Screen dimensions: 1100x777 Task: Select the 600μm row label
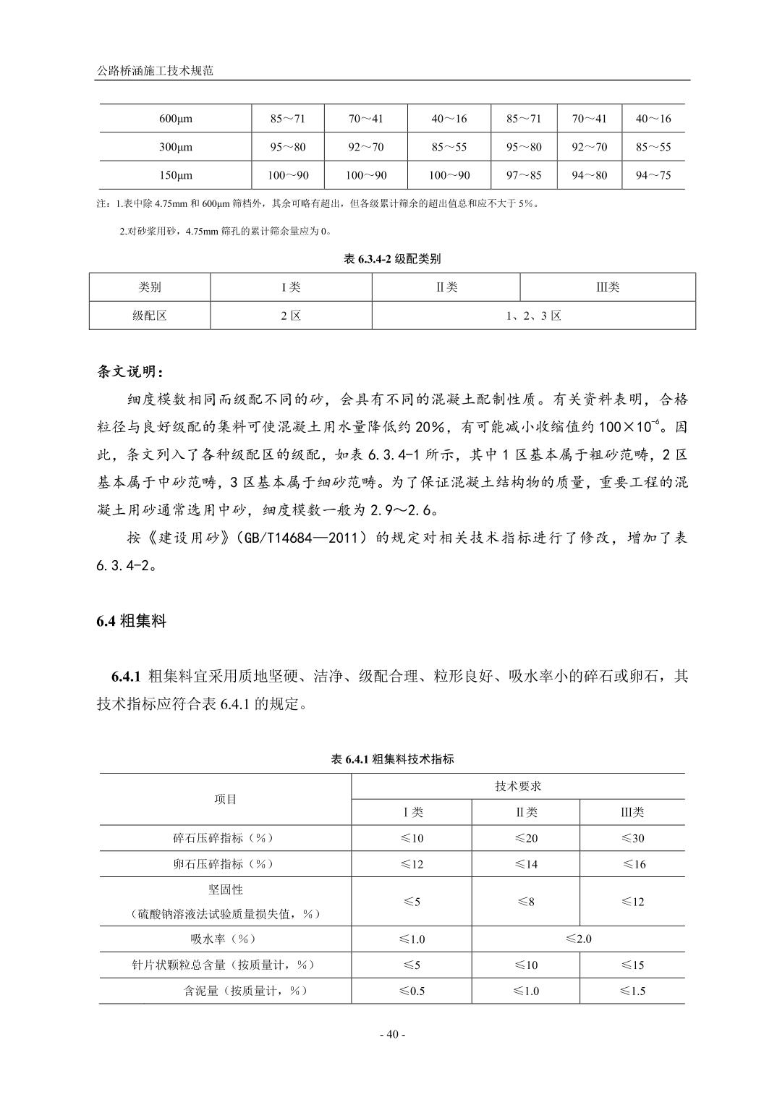[175, 119]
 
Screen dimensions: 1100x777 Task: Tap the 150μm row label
[175, 175]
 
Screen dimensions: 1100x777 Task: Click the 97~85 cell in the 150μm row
[523, 175]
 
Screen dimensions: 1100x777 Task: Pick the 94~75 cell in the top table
[653, 175]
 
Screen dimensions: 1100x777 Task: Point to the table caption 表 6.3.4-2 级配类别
[391, 258]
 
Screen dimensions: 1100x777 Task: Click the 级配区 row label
[150, 316]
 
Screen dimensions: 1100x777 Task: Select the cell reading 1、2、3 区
[533, 316]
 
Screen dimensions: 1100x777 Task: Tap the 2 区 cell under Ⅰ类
[291, 316]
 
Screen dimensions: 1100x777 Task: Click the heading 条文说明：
[130, 372]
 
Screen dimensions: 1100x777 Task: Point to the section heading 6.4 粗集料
[132, 621]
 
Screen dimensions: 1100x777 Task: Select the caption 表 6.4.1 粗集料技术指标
[392, 759]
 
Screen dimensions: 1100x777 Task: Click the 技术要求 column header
[518, 787]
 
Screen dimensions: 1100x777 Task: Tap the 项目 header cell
[226, 799]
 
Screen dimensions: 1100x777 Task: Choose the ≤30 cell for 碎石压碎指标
[632, 838]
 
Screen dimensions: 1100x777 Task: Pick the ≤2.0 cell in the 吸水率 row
[578, 939]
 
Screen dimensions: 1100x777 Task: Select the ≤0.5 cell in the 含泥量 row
[412, 991]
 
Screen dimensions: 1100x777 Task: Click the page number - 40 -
[393, 1034]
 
